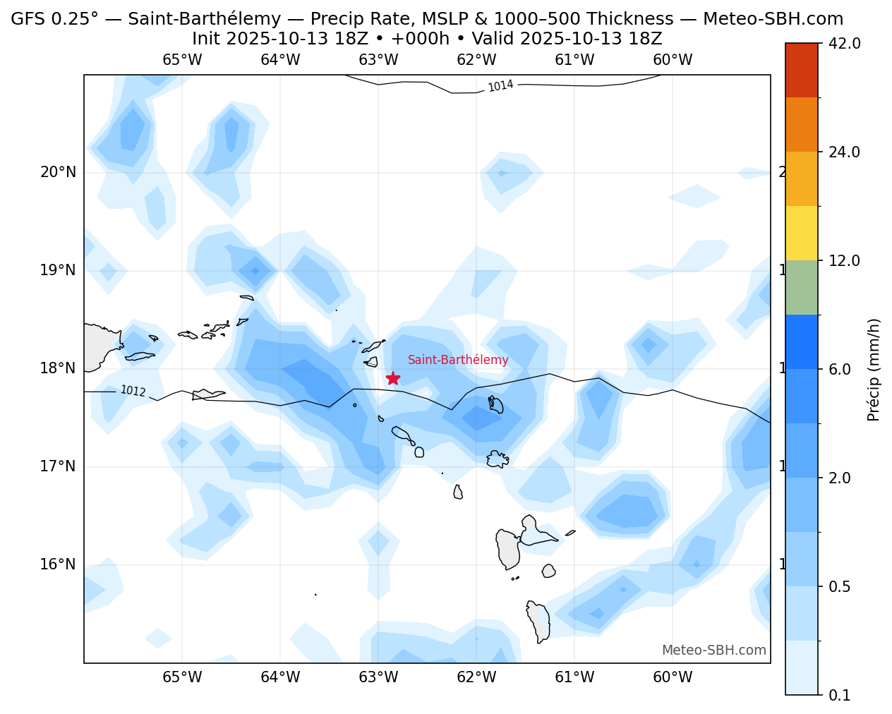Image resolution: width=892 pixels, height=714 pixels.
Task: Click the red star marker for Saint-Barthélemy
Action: pyautogui.click(x=393, y=378)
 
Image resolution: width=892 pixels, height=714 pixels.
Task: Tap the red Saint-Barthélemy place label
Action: pyautogui.click(x=458, y=360)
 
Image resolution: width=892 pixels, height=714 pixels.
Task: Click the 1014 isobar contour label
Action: pyautogui.click(x=500, y=86)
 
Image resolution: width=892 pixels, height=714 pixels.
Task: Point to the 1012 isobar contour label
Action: pyautogui.click(x=133, y=391)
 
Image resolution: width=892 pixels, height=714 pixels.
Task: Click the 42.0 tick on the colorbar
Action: pyautogui.click(x=844, y=44)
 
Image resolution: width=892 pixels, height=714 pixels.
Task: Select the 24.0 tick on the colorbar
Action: pyautogui.click(x=844, y=152)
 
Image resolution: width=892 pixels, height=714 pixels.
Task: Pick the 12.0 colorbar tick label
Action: pyautogui.click(x=844, y=261)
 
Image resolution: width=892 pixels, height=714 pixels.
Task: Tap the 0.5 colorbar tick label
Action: pyautogui.click(x=839, y=587)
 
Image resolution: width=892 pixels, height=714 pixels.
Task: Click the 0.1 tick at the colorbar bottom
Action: pyautogui.click(x=839, y=696)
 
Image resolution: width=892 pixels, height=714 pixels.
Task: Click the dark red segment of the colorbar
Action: pyautogui.click(x=802, y=70)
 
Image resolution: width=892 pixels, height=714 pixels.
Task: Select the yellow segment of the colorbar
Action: pyautogui.click(x=802, y=233)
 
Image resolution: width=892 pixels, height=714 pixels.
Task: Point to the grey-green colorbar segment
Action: pyautogui.click(x=802, y=287)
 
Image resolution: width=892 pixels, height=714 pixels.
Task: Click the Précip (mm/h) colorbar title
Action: pyautogui.click(x=874, y=369)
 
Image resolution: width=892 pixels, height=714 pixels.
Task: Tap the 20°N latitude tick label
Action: pyautogui.click(x=59, y=172)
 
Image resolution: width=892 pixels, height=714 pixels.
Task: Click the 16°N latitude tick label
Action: pyautogui.click(x=59, y=564)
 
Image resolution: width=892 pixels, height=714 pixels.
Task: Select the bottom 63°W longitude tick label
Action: pyautogui.click(x=378, y=678)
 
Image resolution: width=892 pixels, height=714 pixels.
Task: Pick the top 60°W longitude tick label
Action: pyautogui.click(x=673, y=60)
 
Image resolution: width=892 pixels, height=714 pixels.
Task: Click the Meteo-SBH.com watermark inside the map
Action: pyautogui.click(x=713, y=651)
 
